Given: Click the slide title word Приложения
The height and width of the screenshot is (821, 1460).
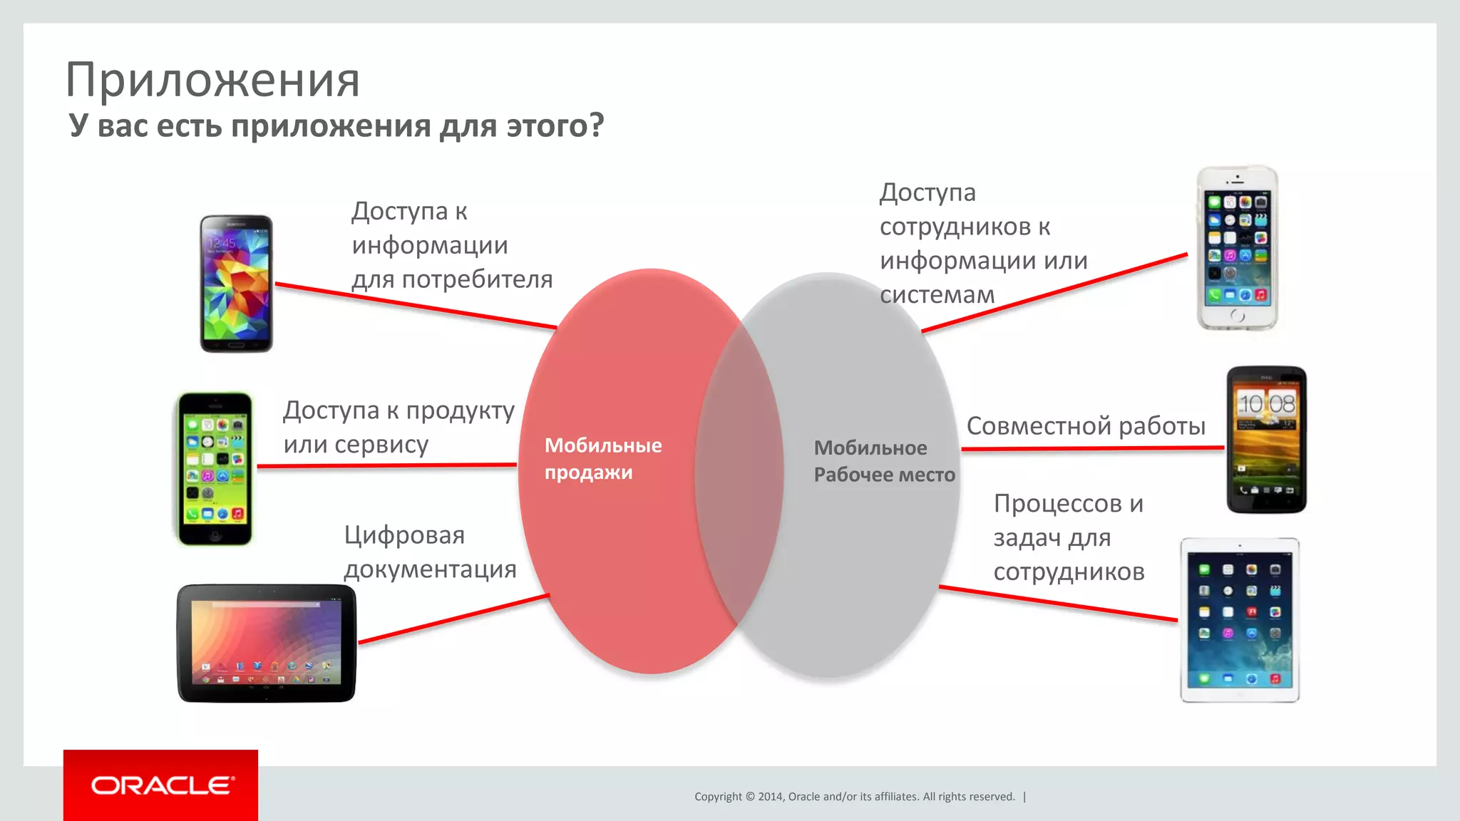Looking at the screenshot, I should (x=212, y=80).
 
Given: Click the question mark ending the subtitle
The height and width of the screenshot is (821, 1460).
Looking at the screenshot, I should (x=596, y=125).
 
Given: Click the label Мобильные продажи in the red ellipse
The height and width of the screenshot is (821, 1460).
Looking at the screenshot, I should (x=602, y=459).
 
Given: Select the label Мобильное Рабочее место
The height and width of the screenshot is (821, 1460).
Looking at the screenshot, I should (x=884, y=461).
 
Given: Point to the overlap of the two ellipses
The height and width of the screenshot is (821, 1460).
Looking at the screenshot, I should (x=739, y=474).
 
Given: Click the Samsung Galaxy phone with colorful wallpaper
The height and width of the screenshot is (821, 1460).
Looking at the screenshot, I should (x=236, y=284).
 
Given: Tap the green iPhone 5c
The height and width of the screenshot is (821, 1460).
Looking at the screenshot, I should (x=215, y=469).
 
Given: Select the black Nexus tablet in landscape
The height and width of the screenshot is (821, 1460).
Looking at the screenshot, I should (x=266, y=644).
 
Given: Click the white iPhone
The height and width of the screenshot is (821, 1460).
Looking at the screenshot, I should (x=1237, y=248).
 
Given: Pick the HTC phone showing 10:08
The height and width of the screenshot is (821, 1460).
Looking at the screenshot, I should (x=1266, y=440).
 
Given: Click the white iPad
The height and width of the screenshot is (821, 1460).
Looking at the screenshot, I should (x=1239, y=620).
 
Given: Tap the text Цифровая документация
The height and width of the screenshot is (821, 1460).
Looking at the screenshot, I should (x=430, y=552).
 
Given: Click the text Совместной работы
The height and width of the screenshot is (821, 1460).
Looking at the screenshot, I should (x=1086, y=426).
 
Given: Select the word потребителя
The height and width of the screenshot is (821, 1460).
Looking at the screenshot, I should (x=477, y=279).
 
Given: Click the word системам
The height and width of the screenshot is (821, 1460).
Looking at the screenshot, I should (x=937, y=294).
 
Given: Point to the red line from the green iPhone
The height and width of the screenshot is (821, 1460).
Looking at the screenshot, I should (x=385, y=466).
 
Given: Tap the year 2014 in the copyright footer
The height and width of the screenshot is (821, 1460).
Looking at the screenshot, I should (x=770, y=797).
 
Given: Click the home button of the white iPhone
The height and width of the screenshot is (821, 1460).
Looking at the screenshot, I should (x=1237, y=316).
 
